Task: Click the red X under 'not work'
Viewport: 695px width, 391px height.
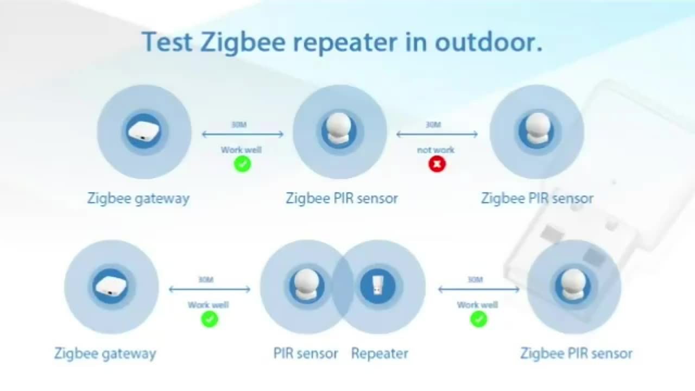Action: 437,164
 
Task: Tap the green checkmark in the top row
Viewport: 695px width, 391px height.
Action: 242,164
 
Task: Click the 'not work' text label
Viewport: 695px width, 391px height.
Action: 435,150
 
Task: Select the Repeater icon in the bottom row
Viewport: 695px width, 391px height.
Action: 377,286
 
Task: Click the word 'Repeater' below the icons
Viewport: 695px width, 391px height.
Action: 380,354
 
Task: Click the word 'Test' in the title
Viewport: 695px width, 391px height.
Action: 167,42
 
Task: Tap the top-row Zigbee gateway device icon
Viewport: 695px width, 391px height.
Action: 144,131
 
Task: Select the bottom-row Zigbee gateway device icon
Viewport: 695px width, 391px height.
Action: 111,286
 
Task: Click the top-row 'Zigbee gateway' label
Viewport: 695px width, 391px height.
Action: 138,199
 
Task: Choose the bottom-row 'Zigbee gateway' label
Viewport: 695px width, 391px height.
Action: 105,354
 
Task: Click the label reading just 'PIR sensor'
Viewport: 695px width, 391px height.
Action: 306,354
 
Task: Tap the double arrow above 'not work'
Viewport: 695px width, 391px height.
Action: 437,134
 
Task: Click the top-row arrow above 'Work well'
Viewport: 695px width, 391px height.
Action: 243,134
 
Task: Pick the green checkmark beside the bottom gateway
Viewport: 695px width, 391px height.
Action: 210,319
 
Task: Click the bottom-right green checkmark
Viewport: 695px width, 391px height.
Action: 478,319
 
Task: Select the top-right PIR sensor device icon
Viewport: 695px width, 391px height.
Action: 537,130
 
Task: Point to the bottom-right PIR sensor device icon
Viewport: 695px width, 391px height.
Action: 573,286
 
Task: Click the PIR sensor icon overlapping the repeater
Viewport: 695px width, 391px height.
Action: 307,286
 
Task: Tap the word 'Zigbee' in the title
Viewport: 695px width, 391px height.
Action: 243,43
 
